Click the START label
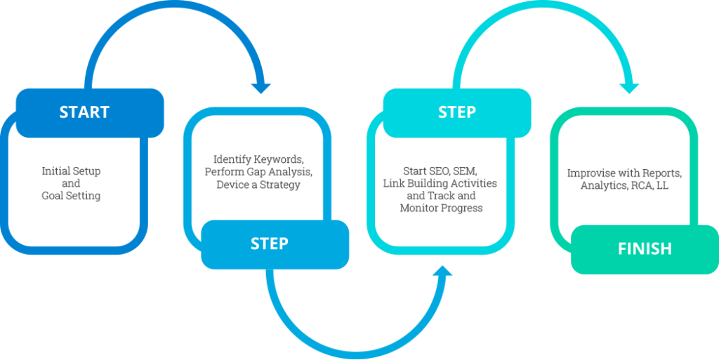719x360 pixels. (84, 112)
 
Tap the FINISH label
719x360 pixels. (645, 248)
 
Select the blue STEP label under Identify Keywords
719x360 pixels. (270, 244)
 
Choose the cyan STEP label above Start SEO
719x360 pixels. (456, 112)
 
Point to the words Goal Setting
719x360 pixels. (71, 196)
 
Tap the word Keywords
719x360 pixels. (279, 159)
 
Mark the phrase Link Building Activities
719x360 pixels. (440, 183)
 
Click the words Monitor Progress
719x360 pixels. (441, 208)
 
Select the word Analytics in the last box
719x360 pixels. (603, 185)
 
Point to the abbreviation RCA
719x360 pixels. (644, 185)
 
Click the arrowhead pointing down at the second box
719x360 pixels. (262, 88)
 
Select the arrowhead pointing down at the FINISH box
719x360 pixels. (629, 88)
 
